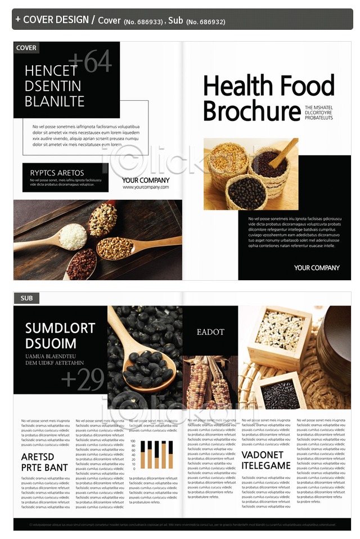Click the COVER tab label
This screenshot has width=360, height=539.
[x=26, y=48]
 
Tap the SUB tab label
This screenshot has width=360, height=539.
[x=26, y=298]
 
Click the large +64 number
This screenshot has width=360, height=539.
[x=90, y=62]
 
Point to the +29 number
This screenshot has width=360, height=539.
[x=83, y=381]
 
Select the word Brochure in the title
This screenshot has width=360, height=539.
[x=251, y=111]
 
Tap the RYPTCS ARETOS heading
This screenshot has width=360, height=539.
[x=57, y=173]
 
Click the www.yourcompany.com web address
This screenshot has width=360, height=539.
[x=145, y=187]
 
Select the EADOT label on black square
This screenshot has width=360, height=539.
[x=210, y=332]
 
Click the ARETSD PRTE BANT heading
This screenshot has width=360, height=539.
[x=44, y=462]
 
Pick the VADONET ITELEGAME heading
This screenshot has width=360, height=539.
[x=266, y=460]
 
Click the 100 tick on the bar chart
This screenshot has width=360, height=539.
[x=133, y=442]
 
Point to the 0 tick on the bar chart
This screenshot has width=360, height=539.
[x=134, y=468]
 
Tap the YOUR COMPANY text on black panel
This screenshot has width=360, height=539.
[x=317, y=268]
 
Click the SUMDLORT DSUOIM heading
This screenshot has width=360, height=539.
[x=60, y=336]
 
